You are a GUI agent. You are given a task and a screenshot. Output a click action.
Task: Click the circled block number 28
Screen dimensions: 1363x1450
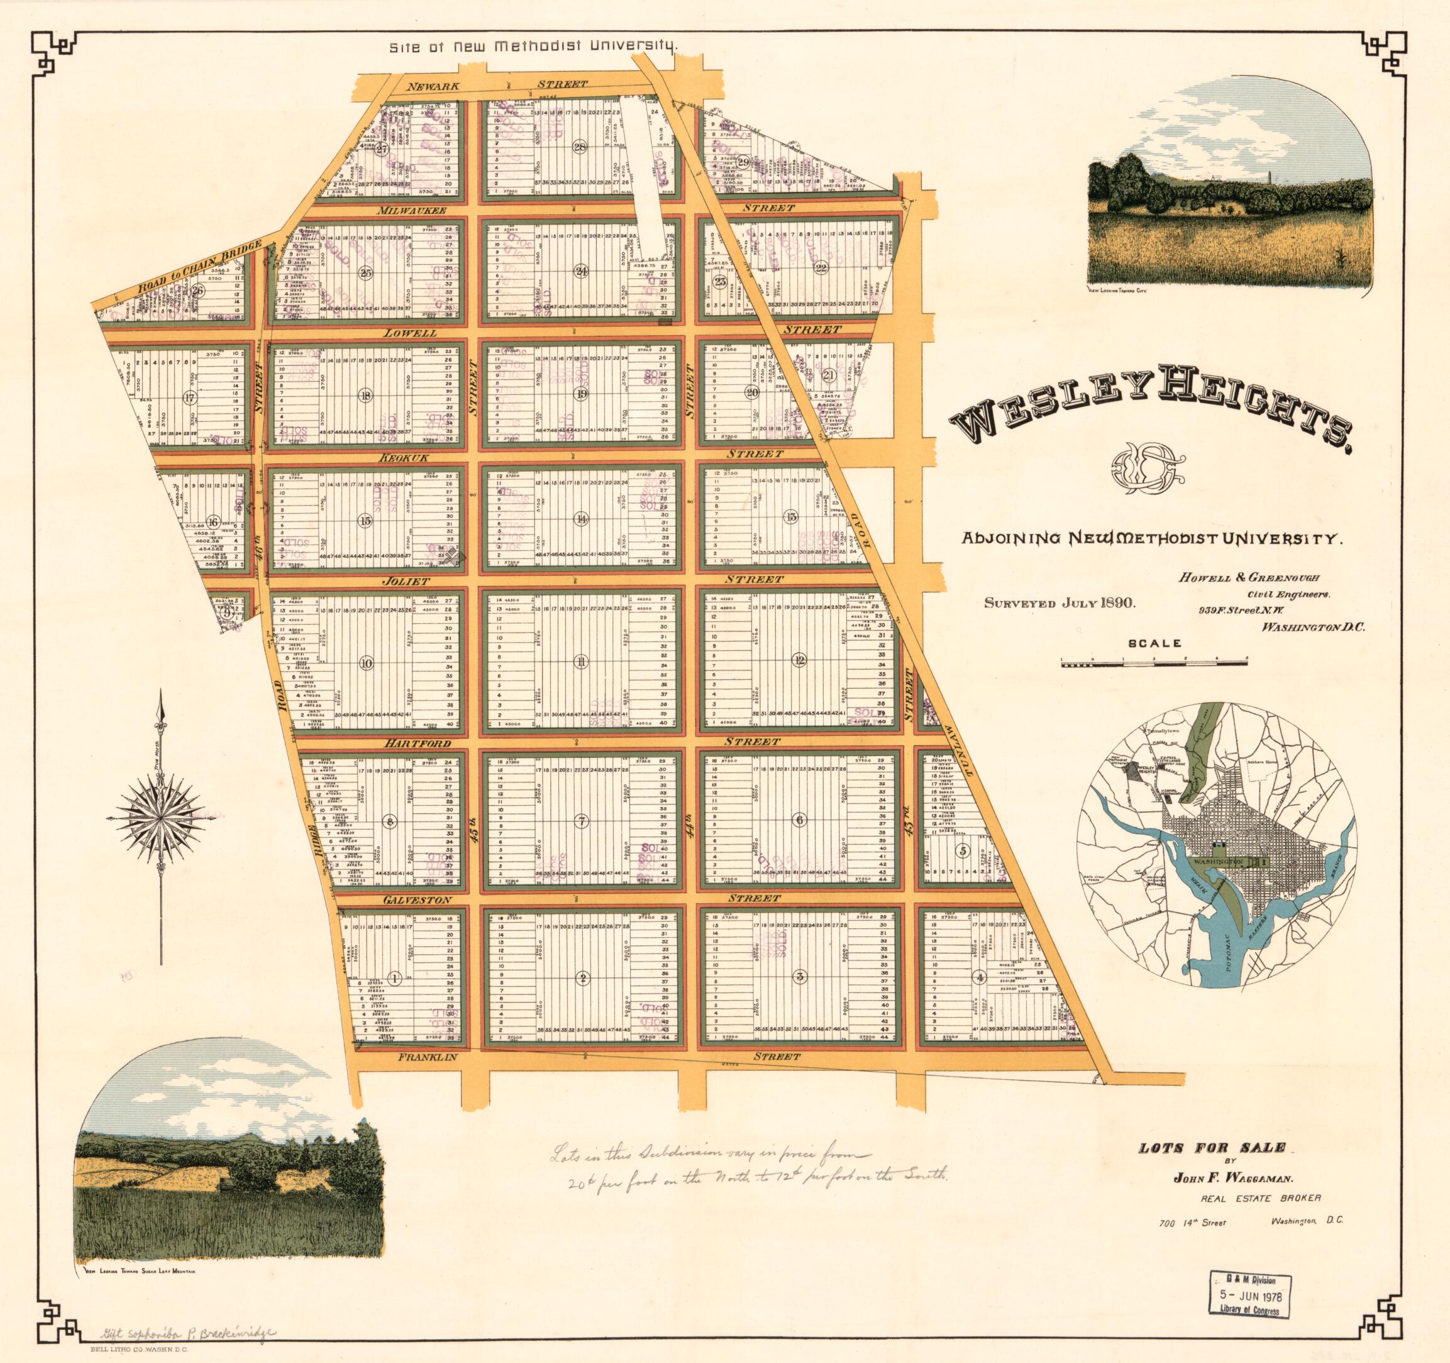click(x=580, y=146)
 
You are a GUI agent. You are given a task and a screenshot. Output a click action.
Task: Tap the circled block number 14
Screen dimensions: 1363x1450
click(x=580, y=520)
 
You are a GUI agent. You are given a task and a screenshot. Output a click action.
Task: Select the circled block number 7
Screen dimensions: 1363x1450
click(x=581, y=820)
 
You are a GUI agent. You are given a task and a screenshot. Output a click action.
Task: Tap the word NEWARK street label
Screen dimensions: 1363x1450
click(x=433, y=86)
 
